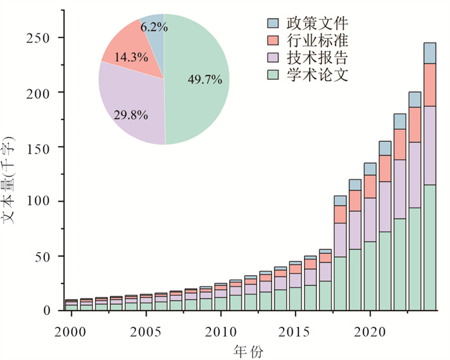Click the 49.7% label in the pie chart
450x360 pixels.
point(204,80)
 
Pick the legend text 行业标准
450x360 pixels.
point(314,41)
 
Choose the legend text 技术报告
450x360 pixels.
point(314,58)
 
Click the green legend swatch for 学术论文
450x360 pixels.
point(272,75)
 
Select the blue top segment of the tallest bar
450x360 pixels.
point(429,53)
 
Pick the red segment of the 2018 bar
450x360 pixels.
point(340,214)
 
